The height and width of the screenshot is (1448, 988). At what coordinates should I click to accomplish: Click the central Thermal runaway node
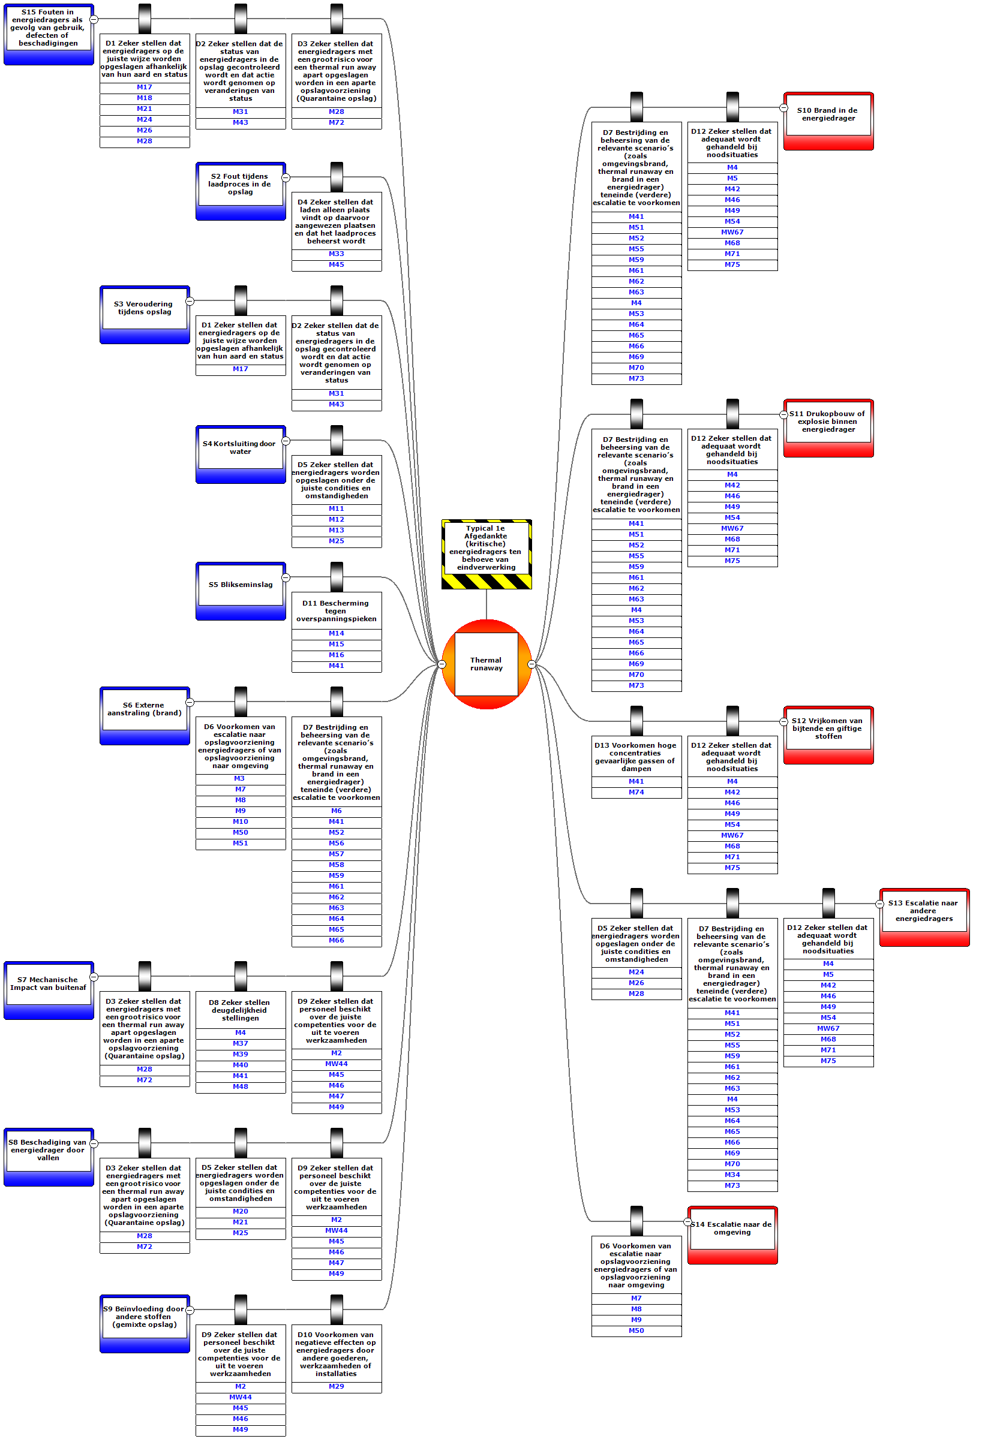click(487, 664)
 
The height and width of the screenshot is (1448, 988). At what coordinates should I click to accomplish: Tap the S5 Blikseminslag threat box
click(241, 585)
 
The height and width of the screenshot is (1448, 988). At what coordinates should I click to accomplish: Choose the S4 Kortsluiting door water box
click(241, 448)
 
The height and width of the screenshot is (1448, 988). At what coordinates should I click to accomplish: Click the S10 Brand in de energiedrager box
click(828, 115)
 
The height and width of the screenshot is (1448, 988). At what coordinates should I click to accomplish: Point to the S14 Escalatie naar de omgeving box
click(732, 1229)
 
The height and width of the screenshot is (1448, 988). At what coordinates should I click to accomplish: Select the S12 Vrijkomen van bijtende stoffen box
click(828, 728)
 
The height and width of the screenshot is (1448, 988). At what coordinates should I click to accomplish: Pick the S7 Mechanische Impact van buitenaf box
click(49, 984)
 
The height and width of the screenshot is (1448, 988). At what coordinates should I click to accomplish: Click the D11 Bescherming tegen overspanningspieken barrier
click(337, 611)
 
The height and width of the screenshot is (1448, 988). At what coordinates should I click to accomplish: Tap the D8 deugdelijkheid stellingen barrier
click(241, 1010)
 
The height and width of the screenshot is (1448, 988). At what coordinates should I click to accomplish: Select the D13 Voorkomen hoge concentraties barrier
click(636, 757)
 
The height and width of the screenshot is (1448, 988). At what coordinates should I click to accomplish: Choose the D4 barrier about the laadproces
click(337, 222)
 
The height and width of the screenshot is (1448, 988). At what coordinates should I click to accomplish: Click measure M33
click(337, 254)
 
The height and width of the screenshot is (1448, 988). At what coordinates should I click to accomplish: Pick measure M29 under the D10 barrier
click(337, 1387)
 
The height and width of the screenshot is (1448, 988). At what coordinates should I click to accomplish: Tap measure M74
click(636, 793)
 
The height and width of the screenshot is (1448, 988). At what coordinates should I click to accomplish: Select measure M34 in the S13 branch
click(732, 1175)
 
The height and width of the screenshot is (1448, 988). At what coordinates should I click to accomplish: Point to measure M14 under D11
click(337, 634)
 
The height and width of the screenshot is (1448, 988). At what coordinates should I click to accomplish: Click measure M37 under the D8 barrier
click(241, 1044)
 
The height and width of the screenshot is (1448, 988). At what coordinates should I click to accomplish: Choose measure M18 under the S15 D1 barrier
click(145, 98)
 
